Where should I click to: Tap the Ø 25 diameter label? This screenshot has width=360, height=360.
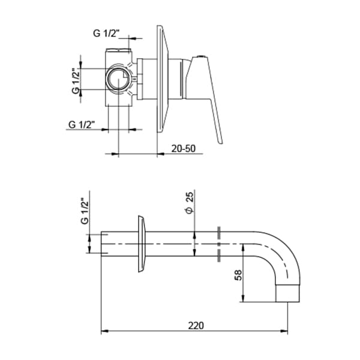pyautogui.click(x=188, y=205)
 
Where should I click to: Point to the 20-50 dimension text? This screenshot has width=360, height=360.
pyautogui.click(x=184, y=147)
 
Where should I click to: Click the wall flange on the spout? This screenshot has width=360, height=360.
pyautogui.click(x=142, y=244)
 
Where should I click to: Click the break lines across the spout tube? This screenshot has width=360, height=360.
pyautogui.click(x=219, y=244)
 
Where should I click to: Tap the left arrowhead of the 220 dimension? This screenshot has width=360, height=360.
pyautogui.click(x=103, y=331)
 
